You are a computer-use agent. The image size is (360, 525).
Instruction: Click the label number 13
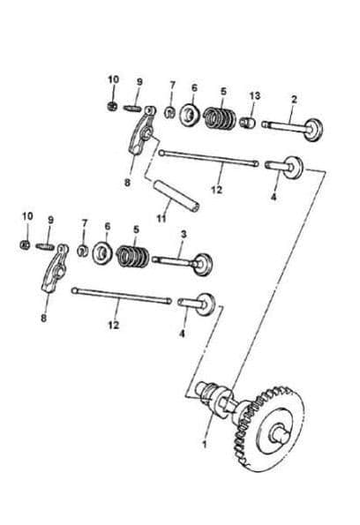tap(254, 94)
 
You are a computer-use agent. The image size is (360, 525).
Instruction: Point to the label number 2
tap(295, 99)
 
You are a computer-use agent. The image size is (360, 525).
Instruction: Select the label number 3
tap(183, 234)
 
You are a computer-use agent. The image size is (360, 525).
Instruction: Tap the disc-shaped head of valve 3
tap(208, 261)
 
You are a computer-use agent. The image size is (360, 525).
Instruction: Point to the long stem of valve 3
tap(176, 260)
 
